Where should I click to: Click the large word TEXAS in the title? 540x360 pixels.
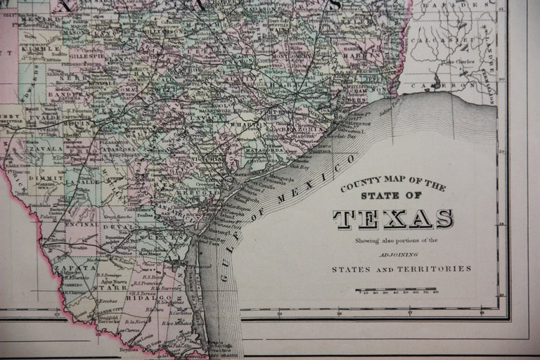point(393,219)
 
